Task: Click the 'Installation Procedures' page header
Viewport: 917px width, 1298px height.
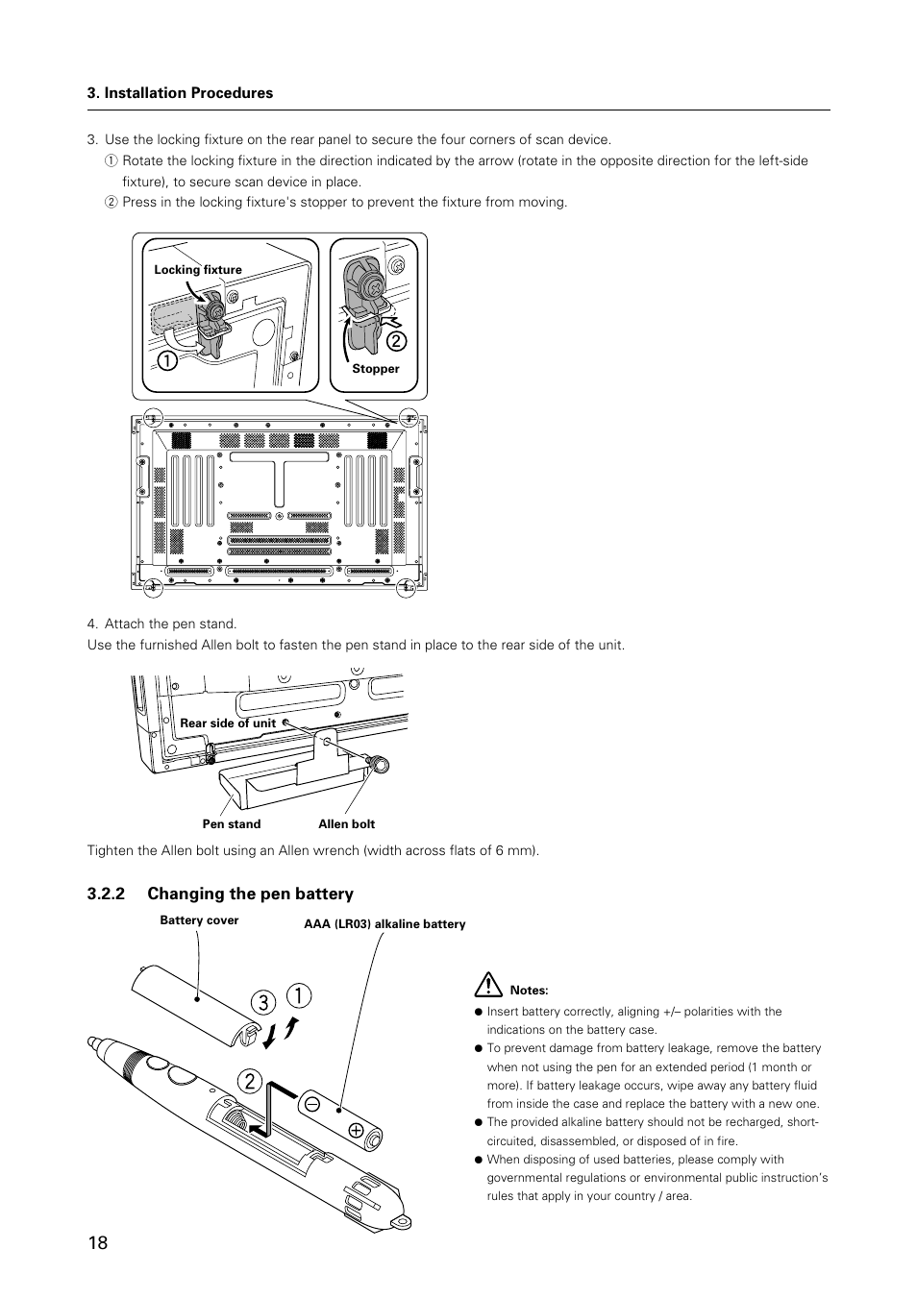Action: point(180,93)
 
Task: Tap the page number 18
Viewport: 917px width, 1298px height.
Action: point(97,1242)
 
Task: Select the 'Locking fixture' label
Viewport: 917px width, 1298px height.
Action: point(198,270)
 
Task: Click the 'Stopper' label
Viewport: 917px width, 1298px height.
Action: point(375,369)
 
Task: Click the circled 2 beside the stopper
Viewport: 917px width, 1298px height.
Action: point(396,341)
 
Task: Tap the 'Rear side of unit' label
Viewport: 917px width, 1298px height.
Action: point(228,723)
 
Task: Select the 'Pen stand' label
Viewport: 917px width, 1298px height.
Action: point(231,824)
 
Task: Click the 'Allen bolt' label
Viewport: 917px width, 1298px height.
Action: point(346,824)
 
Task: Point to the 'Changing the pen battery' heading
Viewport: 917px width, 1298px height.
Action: point(250,894)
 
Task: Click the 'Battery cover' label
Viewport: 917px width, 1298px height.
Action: point(199,920)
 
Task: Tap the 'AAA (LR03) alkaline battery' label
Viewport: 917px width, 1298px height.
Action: point(384,924)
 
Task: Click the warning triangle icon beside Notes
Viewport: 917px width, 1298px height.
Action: point(488,986)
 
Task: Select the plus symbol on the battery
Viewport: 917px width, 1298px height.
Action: point(357,1130)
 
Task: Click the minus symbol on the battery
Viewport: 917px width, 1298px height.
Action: point(312,1104)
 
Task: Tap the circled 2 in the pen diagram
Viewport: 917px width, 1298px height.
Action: point(249,1081)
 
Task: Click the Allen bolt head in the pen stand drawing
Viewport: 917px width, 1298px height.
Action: point(381,765)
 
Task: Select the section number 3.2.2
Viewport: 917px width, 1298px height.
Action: point(107,894)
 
